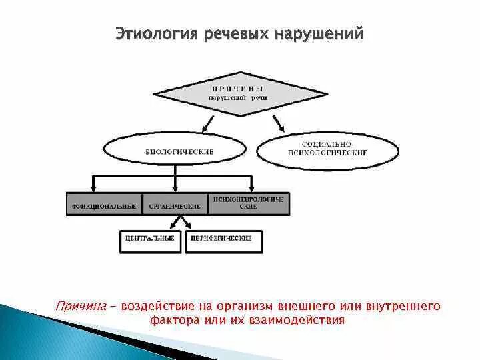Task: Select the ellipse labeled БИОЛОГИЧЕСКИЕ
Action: (x=179, y=152)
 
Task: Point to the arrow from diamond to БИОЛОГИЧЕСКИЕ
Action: (x=208, y=123)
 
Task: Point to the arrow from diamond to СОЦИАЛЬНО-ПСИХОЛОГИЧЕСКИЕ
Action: (x=279, y=123)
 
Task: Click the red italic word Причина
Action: (x=81, y=306)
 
